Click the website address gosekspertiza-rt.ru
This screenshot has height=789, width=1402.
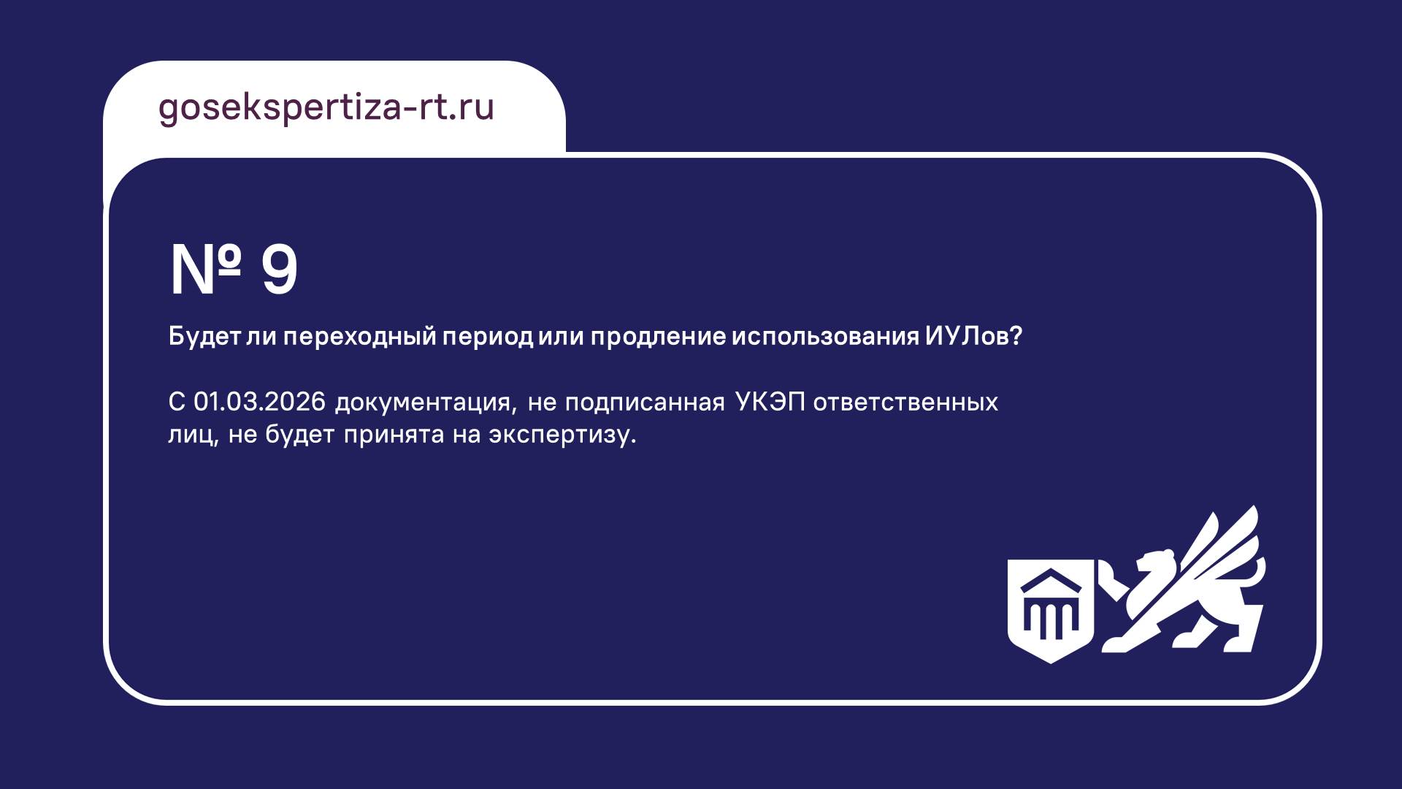pyautogui.click(x=326, y=108)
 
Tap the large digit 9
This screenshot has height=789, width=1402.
pyautogui.click(x=280, y=270)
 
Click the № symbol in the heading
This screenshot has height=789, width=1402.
pyautogui.click(x=205, y=270)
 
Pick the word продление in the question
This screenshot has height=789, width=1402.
pyautogui.click(x=658, y=338)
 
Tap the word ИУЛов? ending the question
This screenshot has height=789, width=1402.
pyautogui.click(x=973, y=336)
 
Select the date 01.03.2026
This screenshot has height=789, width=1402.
pyautogui.click(x=259, y=402)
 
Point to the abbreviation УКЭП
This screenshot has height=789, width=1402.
pyautogui.click(x=770, y=402)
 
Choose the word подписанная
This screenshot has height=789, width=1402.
pyautogui.click(x=645, y=402)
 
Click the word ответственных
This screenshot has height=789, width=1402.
pyautogui.click(x=905, y=402)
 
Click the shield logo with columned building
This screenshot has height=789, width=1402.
pyautogui.click(x=1051, y=611)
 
